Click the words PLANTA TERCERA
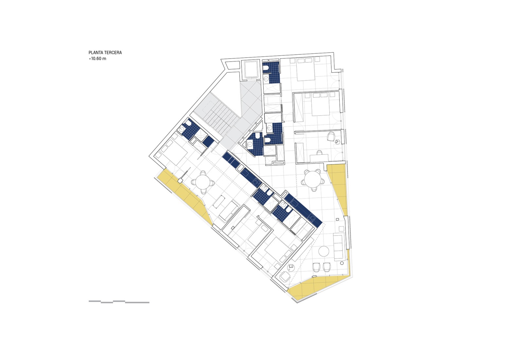pyautogui.click(x=105, y=52)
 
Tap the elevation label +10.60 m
pyautogui.click(x=97, y=59)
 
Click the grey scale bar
pyautogui.click(x=119, y=302)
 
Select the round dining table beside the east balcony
pyautogui.click(x=312, y=180)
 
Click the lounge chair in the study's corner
pyautogui.click(x=331, y=136)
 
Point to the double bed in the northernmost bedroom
pyautogui.click(x=306, y=70)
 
